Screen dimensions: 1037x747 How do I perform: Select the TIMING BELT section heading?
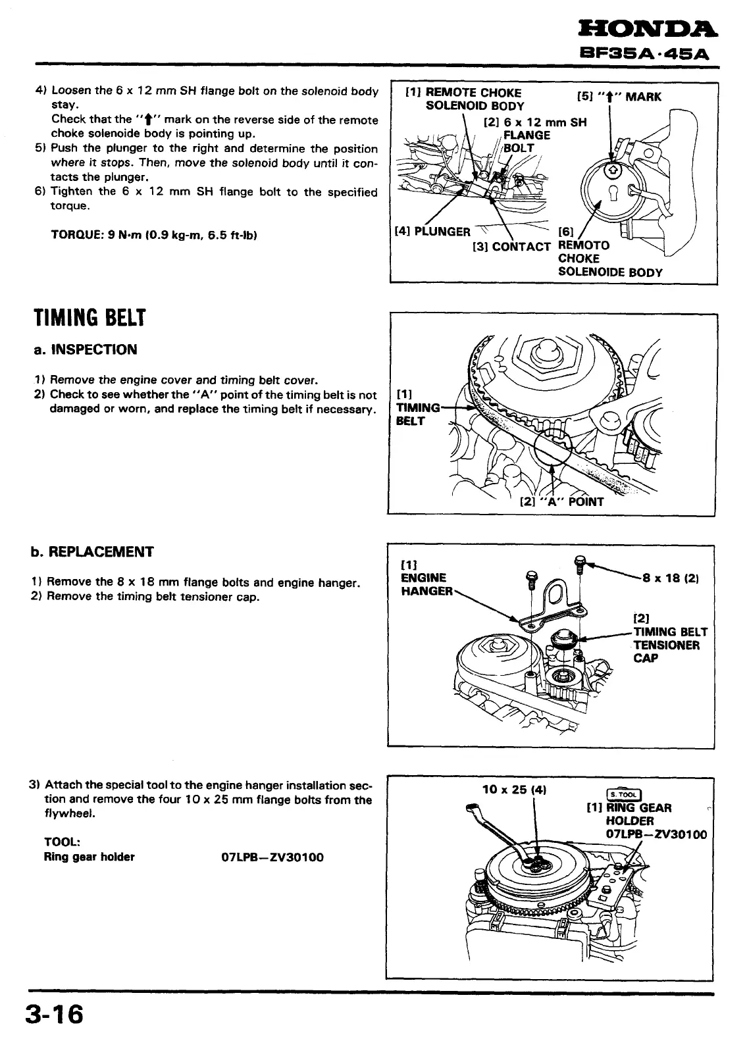tap(89, 318)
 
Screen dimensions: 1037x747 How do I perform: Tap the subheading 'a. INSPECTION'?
tap(86, 349)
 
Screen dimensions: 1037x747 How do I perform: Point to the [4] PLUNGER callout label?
tap(432, 232)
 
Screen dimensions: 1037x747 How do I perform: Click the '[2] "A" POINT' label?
tap(561, 501)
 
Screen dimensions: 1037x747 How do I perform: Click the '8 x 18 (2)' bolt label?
tap(670, 578)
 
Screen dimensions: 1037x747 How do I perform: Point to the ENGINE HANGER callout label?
tap(427, 584)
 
